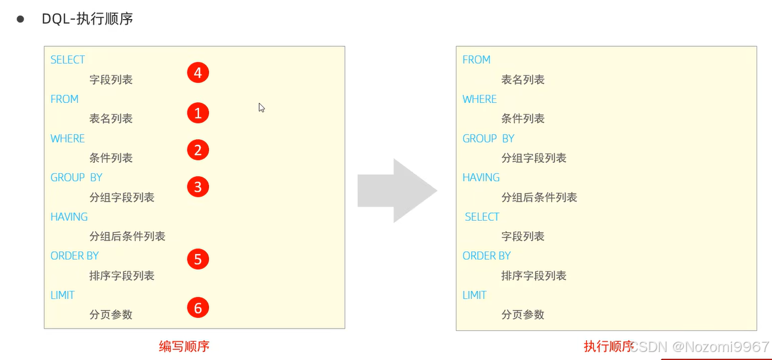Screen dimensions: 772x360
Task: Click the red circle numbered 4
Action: [198, 73]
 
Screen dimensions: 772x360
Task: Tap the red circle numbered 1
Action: [198, 113]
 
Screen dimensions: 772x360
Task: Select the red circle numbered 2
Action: [198, 150]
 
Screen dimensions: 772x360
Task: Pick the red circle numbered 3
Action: [198, 187]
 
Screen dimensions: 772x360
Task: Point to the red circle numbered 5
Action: [198, 259]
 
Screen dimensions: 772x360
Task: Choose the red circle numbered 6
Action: [198, 308]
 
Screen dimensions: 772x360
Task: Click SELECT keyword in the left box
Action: [68, 60]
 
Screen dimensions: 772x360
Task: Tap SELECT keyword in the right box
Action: [482, 217]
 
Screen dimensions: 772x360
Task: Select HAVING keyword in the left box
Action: [69, 217]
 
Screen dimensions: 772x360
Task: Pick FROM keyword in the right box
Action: [476, 60]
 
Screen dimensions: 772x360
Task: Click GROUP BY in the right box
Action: [488, 139]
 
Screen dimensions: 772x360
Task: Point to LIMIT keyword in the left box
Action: [62, 295]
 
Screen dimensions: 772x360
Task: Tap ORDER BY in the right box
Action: [487, 256]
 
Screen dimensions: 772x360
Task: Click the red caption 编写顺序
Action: [184, 346]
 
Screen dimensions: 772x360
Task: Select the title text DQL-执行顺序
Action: [87, 19]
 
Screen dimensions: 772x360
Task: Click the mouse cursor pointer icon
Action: [261, 107]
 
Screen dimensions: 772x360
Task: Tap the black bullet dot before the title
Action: [20, 19]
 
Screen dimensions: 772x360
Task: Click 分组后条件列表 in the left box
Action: [128, 236]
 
